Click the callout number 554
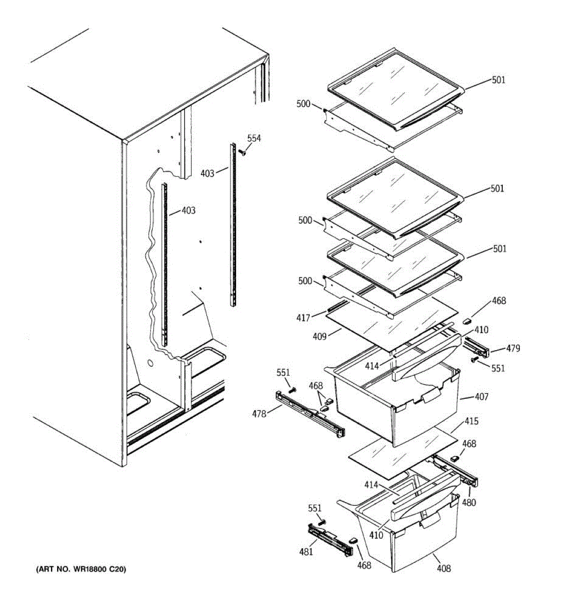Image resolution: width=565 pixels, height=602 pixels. [254, 138]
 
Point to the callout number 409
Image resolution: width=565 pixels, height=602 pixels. [319, 337]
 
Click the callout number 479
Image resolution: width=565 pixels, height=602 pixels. [513, 348]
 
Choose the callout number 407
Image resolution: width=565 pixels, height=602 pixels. [481, 397]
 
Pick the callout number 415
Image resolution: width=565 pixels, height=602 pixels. [472, 421]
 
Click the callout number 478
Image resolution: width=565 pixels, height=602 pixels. [260, 413]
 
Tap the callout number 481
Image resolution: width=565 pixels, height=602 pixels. [306, 551]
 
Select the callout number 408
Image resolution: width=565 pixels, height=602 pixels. [443, 568]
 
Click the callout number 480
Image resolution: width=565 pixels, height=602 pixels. [469, 502]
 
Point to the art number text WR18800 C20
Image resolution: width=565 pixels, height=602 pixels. [80, 569]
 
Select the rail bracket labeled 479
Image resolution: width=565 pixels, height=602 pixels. [477, 347]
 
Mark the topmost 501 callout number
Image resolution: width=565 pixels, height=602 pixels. [498, 80]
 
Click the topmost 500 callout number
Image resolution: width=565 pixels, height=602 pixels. [303, 104]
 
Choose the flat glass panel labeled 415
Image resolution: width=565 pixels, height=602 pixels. [402, 454]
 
